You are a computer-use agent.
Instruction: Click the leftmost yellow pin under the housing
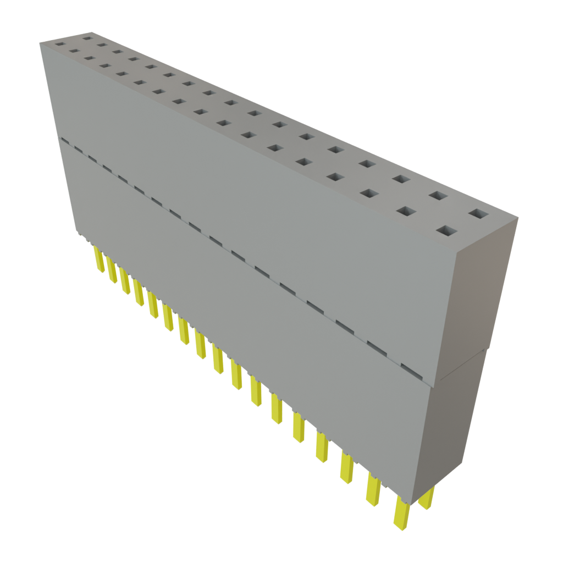click(99, 260)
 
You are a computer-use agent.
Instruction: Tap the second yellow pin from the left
click(112, 270)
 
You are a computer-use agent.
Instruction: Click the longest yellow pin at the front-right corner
click(401, 514)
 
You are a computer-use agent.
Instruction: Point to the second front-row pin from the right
click(373, 489)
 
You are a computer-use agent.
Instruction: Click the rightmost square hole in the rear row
click(478, 213)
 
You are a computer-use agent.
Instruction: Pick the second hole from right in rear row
click(438, 195)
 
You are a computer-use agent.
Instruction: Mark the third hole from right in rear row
click(401, 179)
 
